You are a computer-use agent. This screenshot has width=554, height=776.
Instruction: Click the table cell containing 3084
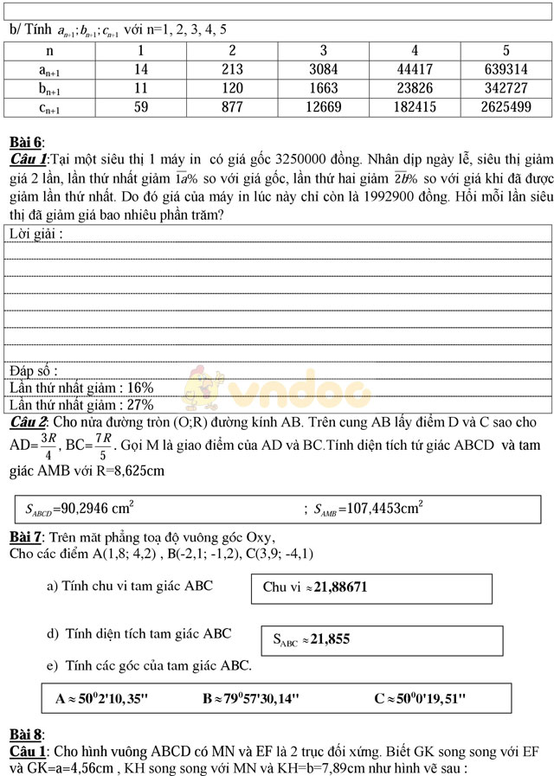pos(323,69)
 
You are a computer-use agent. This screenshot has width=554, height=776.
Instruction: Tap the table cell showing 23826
pos(415,88)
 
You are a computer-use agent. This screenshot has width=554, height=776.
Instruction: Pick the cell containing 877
pos(231,107)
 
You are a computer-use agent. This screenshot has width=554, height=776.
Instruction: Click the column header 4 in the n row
pos(415,50)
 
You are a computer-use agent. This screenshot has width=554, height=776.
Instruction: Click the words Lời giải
pos(35,234)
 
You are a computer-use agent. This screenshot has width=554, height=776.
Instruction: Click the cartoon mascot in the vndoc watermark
pos(206,388)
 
